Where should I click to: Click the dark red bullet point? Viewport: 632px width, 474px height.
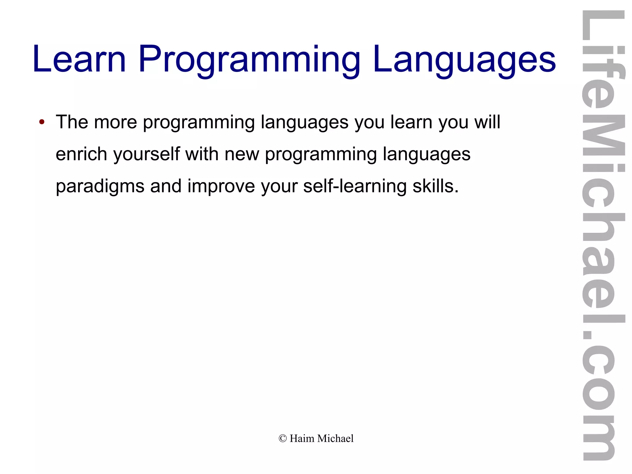click(x=42, y=122)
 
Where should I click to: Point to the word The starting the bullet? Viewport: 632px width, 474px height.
click(x=72, y=122)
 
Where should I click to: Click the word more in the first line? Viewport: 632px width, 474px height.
click(x=115, y=122)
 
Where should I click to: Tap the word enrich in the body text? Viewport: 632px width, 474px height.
click(x=81, y=154)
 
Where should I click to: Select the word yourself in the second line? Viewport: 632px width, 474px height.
click(x=147, y=154)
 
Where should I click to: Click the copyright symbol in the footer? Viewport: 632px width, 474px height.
click(x=282, y=438)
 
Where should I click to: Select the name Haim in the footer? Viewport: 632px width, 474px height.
click(x=302, y=438)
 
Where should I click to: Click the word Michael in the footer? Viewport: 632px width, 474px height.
click(x=335, y=438)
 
